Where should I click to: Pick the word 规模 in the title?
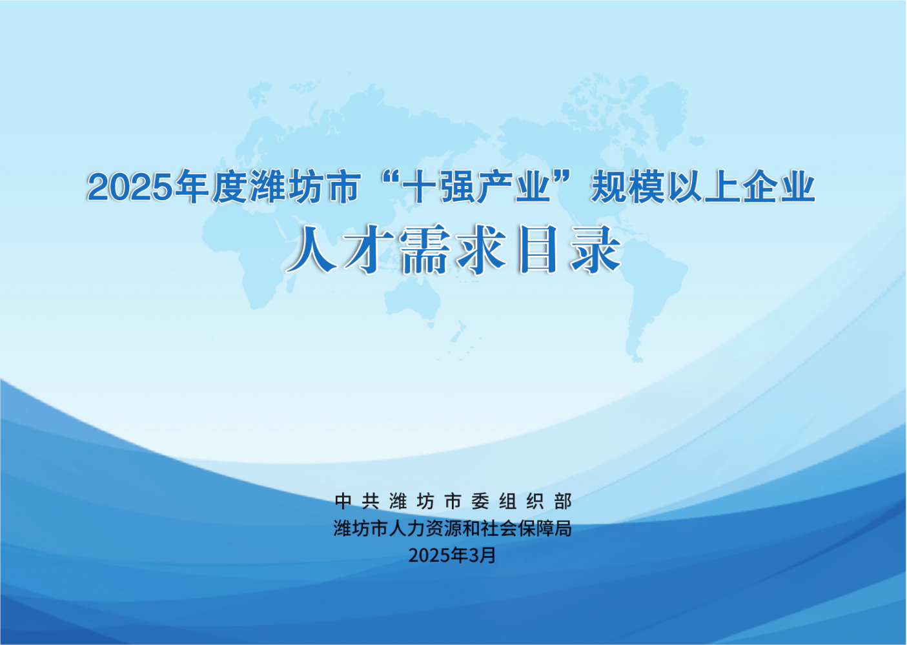[627, 187]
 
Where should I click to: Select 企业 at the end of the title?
[779, 187]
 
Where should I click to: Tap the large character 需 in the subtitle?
[424, 250]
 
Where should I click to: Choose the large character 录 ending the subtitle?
[596, 250]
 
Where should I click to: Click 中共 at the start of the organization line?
[357, 501]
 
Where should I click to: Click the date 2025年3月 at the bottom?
[453, 555]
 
